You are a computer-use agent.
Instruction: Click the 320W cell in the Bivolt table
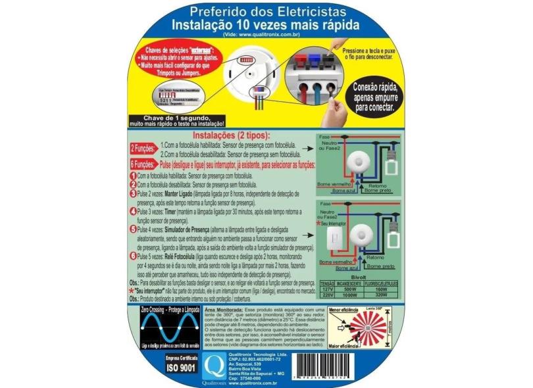pos(387,295)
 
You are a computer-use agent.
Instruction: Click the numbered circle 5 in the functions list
pos(133,230)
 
